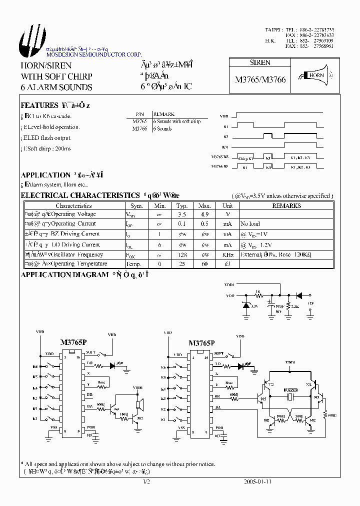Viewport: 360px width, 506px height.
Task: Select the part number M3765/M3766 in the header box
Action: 260,79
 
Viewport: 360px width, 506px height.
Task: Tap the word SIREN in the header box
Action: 260,63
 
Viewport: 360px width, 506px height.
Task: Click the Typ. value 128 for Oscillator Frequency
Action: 182,254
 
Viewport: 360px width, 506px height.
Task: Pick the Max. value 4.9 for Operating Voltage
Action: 204,214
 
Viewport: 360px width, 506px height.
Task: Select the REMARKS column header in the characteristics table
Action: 286,205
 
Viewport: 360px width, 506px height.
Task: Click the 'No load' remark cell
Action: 250,224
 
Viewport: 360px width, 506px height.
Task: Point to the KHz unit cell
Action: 227,254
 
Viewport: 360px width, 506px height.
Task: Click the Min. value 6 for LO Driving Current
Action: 160,244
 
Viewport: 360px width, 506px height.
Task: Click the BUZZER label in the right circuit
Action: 290,389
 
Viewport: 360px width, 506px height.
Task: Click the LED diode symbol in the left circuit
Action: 112,365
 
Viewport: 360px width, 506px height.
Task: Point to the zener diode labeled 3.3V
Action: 246,305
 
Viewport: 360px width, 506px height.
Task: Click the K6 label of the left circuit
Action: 35,367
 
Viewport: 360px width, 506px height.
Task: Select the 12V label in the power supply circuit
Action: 310,303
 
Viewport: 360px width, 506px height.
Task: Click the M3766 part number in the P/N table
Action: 139,128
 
